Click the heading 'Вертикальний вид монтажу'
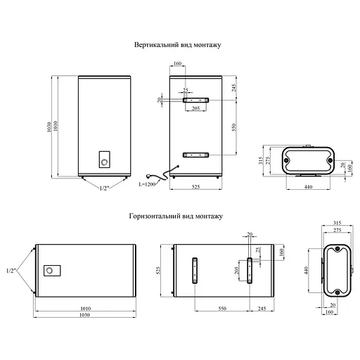(178, 44)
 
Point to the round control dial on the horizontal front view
(50, 271)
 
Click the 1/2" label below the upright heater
(104, 188)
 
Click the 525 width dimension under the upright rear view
(198, 187)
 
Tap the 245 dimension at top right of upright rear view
(233, 87)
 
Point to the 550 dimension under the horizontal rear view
(221, 309)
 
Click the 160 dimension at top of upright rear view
(176, 64)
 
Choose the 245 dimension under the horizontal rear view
(262, 309)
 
